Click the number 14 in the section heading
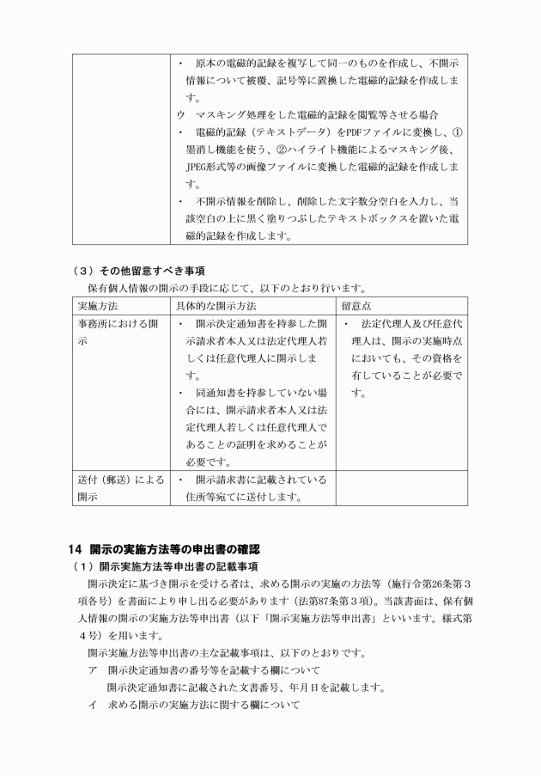coord(76,548)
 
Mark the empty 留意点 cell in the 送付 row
coord(401,488)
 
